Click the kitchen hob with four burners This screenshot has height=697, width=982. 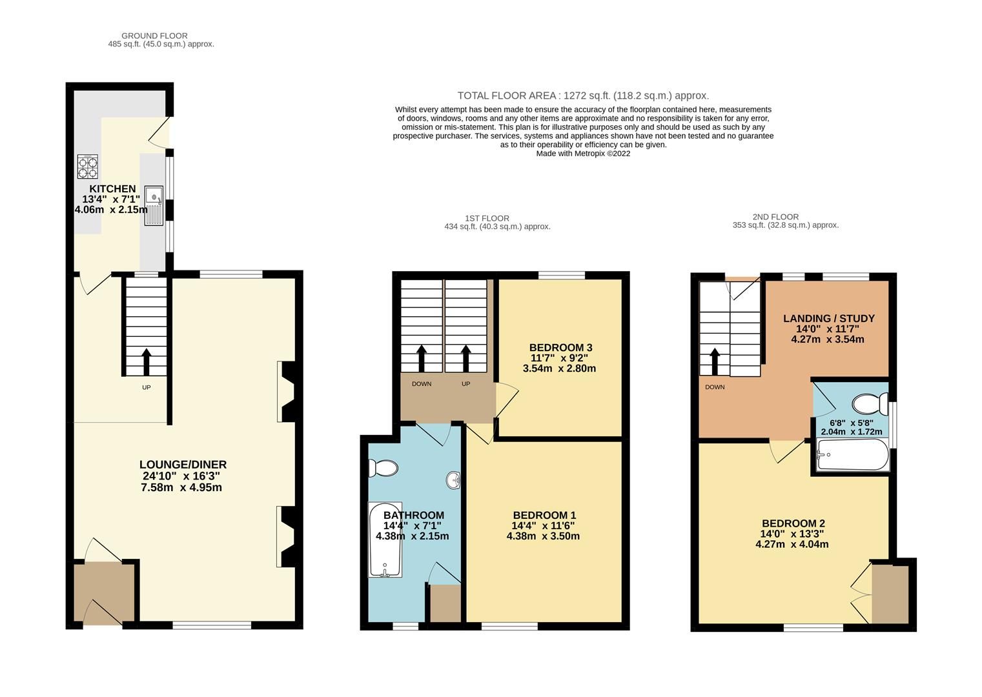click(88, 167)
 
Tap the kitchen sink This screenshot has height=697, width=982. click(154, 206)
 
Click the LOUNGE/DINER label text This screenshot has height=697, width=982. click(183, 465)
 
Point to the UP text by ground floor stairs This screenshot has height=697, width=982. click(147, 388)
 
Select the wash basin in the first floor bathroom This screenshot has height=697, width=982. click(453, 480)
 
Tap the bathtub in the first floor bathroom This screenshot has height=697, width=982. click(385, 540)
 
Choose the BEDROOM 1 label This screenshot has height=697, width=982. click(544, 515)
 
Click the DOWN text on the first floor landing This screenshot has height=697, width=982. click(422, 384)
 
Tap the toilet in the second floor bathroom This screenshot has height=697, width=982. click(870, 405)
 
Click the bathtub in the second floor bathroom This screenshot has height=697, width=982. click(852, 455)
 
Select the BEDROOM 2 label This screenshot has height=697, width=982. click(793, 523)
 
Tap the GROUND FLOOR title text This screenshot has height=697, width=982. click(154, 36)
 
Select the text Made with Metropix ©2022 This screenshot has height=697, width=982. click(583, 154)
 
